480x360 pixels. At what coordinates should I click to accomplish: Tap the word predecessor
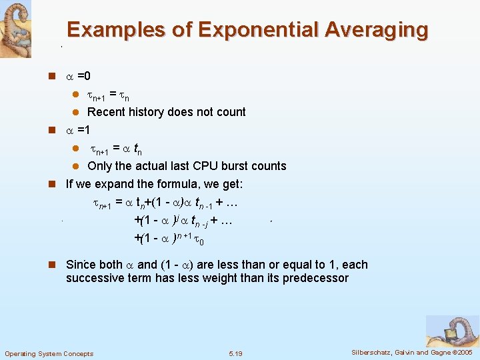316,278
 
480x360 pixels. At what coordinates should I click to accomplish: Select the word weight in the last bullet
244,278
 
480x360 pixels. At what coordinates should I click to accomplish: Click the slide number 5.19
235,353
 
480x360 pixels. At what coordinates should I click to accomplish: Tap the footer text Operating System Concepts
49,353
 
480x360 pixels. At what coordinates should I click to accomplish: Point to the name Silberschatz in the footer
375,352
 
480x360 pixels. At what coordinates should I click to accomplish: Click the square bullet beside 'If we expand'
51,184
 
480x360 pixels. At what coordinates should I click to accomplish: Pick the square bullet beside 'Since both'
51,265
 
